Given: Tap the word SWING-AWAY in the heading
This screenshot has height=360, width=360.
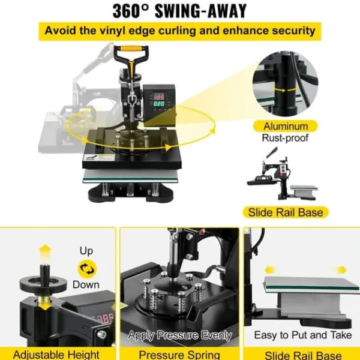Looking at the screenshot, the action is (x=200, y=11).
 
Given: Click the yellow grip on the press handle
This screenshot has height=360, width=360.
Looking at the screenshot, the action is (x=131, y=49).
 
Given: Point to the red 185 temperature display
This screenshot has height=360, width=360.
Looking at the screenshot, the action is (x=159, y=97).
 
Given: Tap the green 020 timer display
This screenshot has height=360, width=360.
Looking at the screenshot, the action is (x=159, y=104).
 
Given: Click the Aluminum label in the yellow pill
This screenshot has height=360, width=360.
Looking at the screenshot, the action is (x=286, y=126).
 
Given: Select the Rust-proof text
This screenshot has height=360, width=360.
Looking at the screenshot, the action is (x=285, y=138).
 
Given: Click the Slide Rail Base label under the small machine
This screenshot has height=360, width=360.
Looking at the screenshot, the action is (x=286, y=212).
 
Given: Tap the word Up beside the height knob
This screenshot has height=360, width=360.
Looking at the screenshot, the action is (x=86, y=251).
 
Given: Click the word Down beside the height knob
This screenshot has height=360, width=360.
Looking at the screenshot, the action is (x=86, y=284).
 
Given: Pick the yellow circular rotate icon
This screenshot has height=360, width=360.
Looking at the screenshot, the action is (x=87, y=269).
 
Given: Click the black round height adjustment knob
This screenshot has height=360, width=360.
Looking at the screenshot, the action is (x=43, y=284).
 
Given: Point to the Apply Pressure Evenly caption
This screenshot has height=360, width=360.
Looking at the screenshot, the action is (x=180, y=335).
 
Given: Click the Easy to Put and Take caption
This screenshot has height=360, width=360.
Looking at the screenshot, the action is (x=303, y=335).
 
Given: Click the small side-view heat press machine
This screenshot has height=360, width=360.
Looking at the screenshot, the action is (x=282, y=174).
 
